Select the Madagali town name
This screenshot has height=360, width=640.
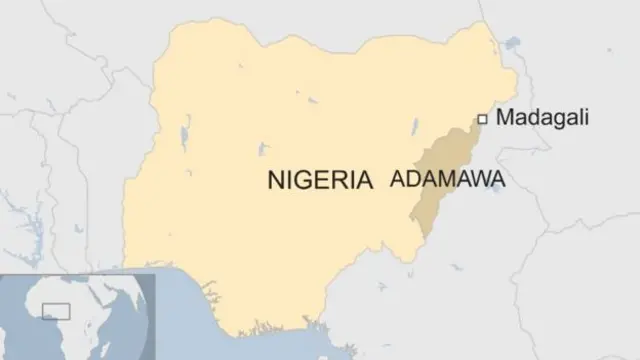coord(542,118)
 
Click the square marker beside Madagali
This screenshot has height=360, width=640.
coord(481,119)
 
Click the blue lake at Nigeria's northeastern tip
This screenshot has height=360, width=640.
coord(512,44)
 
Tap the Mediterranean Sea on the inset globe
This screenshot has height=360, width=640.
coord(75,279)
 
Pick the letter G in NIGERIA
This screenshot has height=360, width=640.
coord(304,180)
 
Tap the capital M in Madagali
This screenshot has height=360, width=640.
coord(505,118)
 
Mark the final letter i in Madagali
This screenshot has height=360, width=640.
coord(586,118)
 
